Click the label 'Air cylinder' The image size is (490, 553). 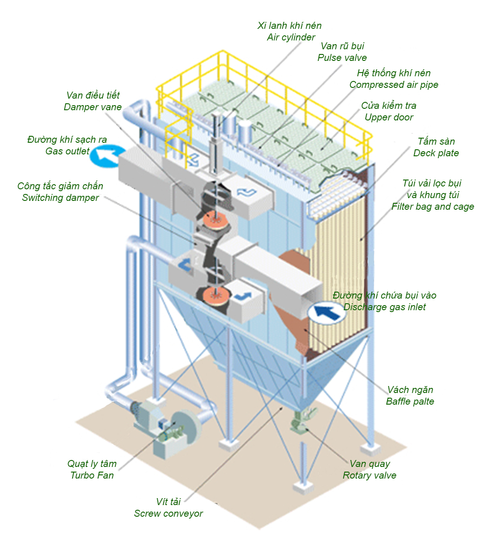coord(291,37)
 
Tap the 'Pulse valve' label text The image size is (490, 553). coord(342,58)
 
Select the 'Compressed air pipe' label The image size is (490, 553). coord(394,85)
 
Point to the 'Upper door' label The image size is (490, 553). coord(389,117)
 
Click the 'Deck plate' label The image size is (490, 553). coord(436,153)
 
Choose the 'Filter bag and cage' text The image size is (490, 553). coord(433,207)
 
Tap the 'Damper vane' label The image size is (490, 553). coord(93,107)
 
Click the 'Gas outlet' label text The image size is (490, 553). coord(67,151)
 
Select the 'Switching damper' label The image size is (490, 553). coord(60,198)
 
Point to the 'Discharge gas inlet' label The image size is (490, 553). coord(384,307)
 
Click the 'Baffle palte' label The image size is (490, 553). coord(410,401)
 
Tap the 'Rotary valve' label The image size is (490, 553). coord(369,475)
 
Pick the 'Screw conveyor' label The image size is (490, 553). coord(168,513)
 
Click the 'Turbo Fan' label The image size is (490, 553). coord(92,475)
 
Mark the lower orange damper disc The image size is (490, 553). coord(215,294)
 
